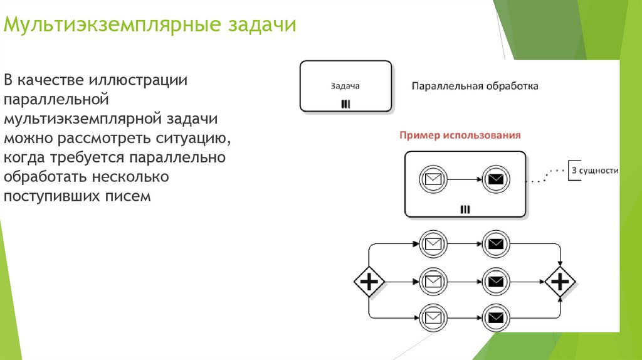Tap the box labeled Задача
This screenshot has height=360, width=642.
pyautogui.click(x=345, y=87)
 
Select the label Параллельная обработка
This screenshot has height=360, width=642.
pyautogui.click(x=475, y=86)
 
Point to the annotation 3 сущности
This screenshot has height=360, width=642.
pyautogui.click(x=594, y=171)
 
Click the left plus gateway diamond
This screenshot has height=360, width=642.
pyautogui.click(x=369, y=282)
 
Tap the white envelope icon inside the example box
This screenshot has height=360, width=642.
pyautogui.click(x=433, y=179)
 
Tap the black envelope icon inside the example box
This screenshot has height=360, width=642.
pyautogui.click(x=496, y=179)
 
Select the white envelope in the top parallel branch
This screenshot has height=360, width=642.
pyautogui.click(x=433, y=243)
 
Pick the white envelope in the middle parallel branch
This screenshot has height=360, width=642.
pyautogui.click(x=433, y=281)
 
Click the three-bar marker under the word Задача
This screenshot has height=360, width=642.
pyautogui.click(x=345, y=104)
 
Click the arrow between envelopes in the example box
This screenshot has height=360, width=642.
pyautogui.click(x=464, y=179)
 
